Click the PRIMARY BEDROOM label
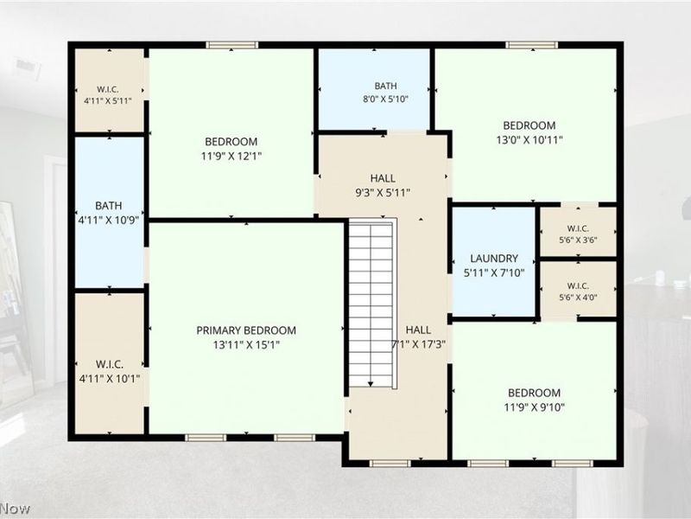coord(246,330)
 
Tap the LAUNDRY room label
coord(494,258)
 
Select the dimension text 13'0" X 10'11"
coord(529,140)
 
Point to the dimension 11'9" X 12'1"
coord(231,156)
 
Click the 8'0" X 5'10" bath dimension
coord(385,99)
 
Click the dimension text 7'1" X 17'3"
coord(419,344)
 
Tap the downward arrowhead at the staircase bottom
coord(371,383)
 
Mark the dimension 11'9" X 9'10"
coord(534,407)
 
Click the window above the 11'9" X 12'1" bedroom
coord(231,45)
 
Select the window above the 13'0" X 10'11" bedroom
coord(531,45)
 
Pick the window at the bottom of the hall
coord(390,464)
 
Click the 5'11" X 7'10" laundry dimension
coord(494,272)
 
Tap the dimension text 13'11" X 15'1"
coord(246,344)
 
